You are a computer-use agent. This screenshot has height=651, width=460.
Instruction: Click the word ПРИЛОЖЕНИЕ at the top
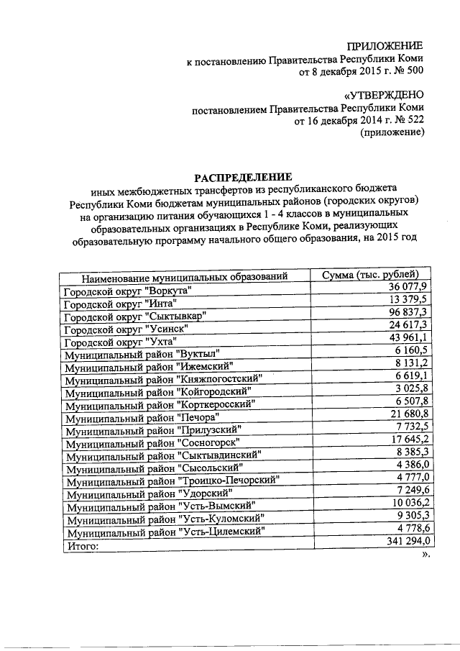click(x=385, y=46)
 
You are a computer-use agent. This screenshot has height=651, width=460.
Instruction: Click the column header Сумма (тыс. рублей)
click(x=368, y=274)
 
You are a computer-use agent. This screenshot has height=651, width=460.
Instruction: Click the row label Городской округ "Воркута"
click(x=129, y=291)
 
